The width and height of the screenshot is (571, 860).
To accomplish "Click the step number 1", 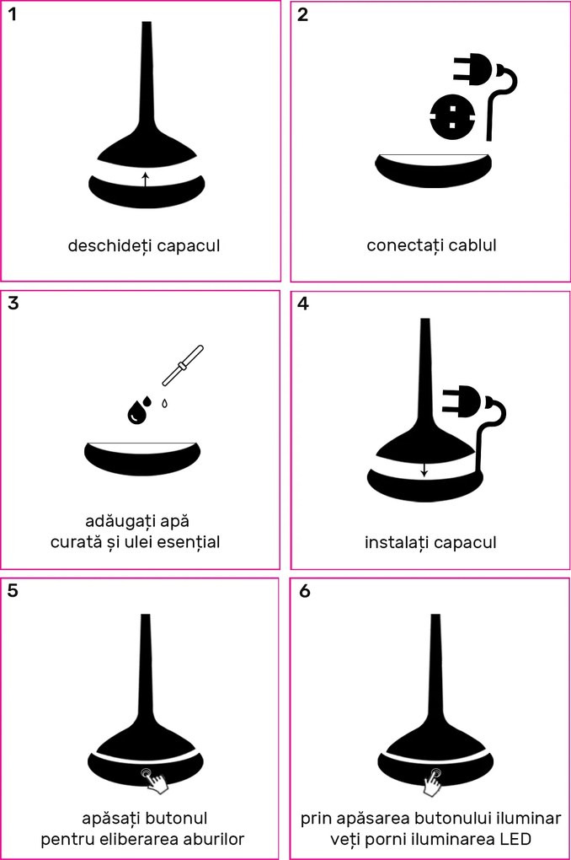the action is click(13, 15).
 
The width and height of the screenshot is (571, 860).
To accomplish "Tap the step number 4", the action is click(302, 304).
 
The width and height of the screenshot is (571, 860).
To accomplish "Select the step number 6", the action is click(305, 591).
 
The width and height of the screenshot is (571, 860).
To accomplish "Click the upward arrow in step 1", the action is click(145, 180).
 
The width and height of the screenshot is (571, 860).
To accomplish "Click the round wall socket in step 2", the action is click(452, 117).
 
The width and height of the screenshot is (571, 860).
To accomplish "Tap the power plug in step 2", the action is click(485, 96).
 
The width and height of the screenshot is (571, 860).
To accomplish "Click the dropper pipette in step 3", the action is click(183, 366).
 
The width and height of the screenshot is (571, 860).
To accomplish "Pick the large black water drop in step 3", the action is click(136, 412).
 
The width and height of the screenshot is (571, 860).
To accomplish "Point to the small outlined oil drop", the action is click(164, 404).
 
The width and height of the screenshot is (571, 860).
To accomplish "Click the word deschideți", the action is click(109, 245).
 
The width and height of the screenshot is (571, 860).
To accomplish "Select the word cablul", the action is click(472, 245).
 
